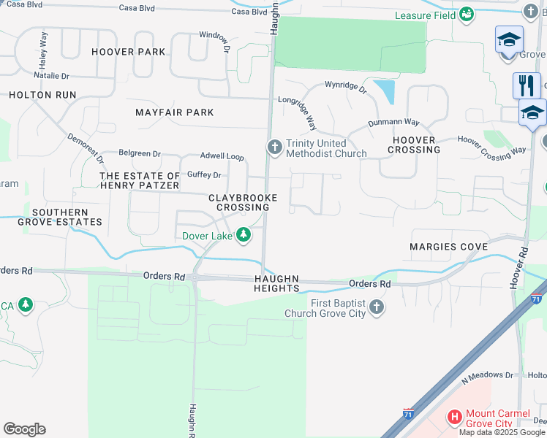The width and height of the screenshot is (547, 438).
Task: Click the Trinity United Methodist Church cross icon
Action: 275,148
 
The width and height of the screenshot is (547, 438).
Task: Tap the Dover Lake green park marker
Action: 244,235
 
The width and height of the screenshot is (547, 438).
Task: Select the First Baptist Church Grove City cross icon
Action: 376,307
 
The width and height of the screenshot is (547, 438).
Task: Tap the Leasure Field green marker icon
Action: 465,15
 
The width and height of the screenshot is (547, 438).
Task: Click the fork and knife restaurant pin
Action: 526,86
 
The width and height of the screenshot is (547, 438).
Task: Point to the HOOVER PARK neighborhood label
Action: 129,52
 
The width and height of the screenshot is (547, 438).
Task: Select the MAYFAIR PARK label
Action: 175,112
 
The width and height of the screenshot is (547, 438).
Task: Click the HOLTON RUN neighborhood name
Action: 42,95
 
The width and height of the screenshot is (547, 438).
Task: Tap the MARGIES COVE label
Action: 448,247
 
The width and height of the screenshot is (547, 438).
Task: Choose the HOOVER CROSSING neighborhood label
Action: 416,145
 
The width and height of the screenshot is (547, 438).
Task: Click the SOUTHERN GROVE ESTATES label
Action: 56,217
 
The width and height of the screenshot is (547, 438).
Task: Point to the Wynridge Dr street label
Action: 345,89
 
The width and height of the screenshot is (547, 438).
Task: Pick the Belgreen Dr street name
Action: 140,154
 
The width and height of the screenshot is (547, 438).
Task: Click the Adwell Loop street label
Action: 222,156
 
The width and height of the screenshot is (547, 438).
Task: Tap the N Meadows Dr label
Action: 488,375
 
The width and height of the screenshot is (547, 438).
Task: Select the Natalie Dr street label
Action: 51,75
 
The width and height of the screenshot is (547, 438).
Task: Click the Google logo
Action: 24,429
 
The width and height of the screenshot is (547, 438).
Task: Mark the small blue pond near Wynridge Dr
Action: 384,91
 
